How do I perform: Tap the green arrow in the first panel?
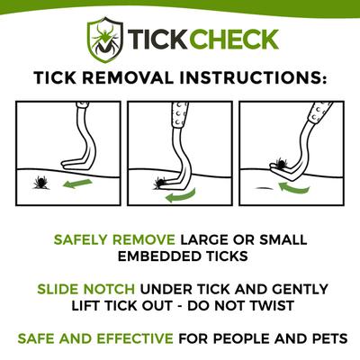78,184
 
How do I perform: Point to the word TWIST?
306,307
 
